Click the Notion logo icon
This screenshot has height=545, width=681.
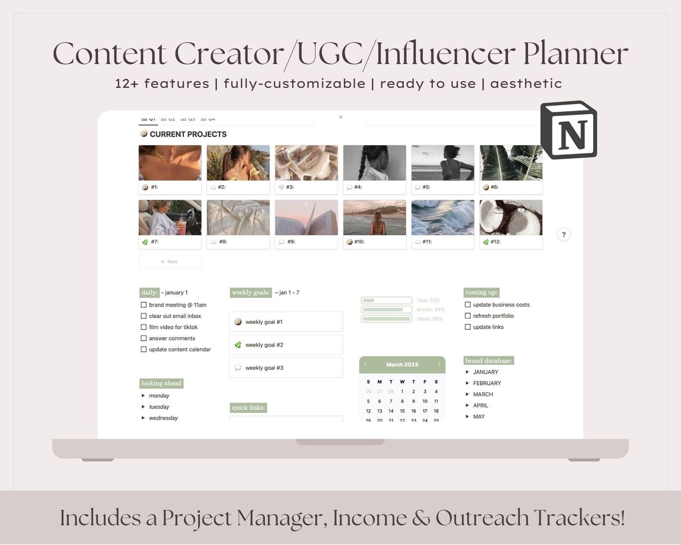coord(568,130)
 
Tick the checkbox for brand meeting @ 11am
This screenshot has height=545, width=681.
coord(143,305)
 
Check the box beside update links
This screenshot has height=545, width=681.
coord(468,327)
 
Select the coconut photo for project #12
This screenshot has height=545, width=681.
coord(511,218)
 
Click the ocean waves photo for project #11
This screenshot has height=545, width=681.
coord(443,218)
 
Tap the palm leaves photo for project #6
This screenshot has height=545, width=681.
coord(511,163)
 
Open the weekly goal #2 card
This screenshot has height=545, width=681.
coord(286,345)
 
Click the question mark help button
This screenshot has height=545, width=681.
coord(563,235)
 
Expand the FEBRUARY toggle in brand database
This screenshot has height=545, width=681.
coord(468,383)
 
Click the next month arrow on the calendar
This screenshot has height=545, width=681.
coord(439,365)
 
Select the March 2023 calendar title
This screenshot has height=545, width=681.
coord(402,365)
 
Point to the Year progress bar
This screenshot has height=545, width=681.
coord(386,301)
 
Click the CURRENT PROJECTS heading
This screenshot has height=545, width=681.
coord(188,134)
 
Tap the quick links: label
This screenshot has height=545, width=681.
coord(248,408)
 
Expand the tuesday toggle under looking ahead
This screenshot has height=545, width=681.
coord(143,407)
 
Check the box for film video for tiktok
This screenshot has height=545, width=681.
coord(143,327)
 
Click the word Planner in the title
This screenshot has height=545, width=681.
coord(575,54)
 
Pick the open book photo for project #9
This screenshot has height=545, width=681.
coord(306,218)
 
